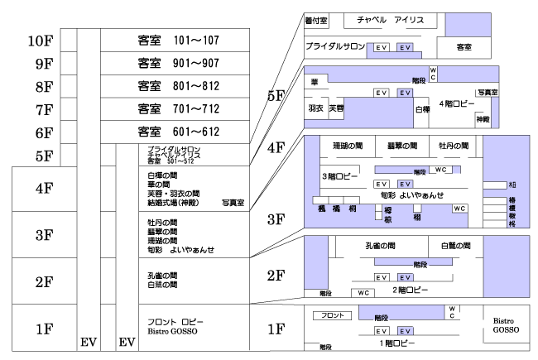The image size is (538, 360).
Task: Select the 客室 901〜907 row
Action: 175,62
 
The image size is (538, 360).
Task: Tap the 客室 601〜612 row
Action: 175,132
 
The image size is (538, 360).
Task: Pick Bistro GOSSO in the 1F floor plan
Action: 506,324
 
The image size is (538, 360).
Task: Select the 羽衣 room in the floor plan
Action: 315,108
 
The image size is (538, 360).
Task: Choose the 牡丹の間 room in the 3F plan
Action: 454,145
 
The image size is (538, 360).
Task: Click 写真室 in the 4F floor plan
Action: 487,93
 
